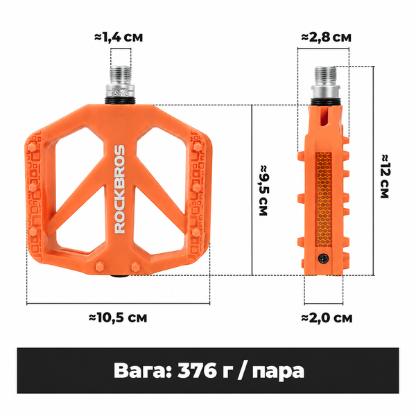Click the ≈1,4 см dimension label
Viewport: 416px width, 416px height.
point(119,37)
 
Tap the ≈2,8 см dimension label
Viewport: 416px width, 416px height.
point(326,37)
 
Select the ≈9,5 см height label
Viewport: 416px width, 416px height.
point(263,190)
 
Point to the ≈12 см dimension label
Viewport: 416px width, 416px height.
point(385,176)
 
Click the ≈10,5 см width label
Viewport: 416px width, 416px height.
point(118,318)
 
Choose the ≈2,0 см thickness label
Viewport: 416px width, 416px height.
point(327,318)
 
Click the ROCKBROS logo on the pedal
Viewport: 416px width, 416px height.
point(119,189)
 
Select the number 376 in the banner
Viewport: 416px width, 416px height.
point(197,370)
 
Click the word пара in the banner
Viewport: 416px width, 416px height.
point(278,372)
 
